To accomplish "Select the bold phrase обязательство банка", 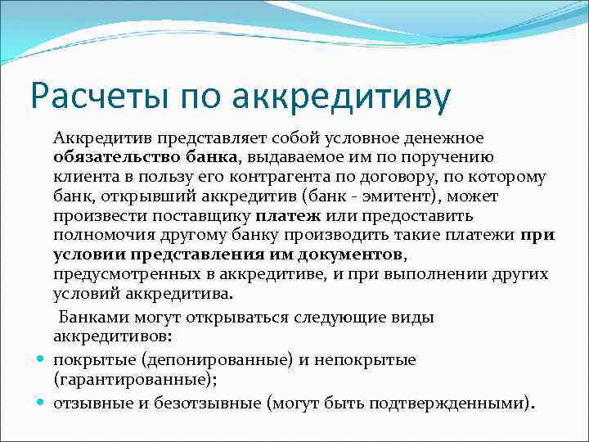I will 146,158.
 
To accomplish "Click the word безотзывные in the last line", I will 209,404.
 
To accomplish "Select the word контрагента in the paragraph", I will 267,178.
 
